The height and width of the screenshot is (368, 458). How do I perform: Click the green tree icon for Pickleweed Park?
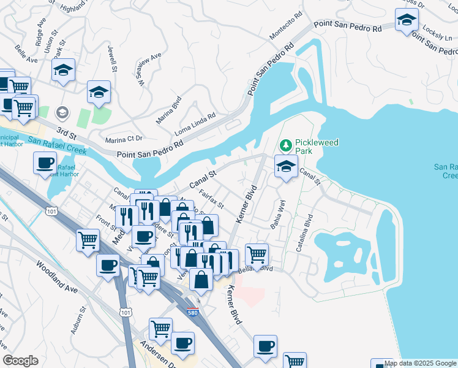click(x=285, y=146)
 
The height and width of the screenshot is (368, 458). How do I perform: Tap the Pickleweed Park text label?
click(x=317, y=146)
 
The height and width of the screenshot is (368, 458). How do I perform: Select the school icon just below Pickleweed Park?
click(x=286, y=166)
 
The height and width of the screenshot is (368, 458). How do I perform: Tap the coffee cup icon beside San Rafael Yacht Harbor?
click(x=45, y=163)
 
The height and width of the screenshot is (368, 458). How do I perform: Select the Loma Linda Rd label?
click(x=195, y=121)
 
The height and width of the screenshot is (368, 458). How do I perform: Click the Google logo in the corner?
click(x=20, y=361)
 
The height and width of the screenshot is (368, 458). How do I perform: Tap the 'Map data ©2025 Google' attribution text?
click(x=420, y=363)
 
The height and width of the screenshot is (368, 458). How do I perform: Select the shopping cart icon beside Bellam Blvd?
click(x=257, y=253)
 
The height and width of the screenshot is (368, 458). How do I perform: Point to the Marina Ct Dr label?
click(x=124, y=139)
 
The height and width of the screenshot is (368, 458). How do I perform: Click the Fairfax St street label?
click(x=212, y=197)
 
